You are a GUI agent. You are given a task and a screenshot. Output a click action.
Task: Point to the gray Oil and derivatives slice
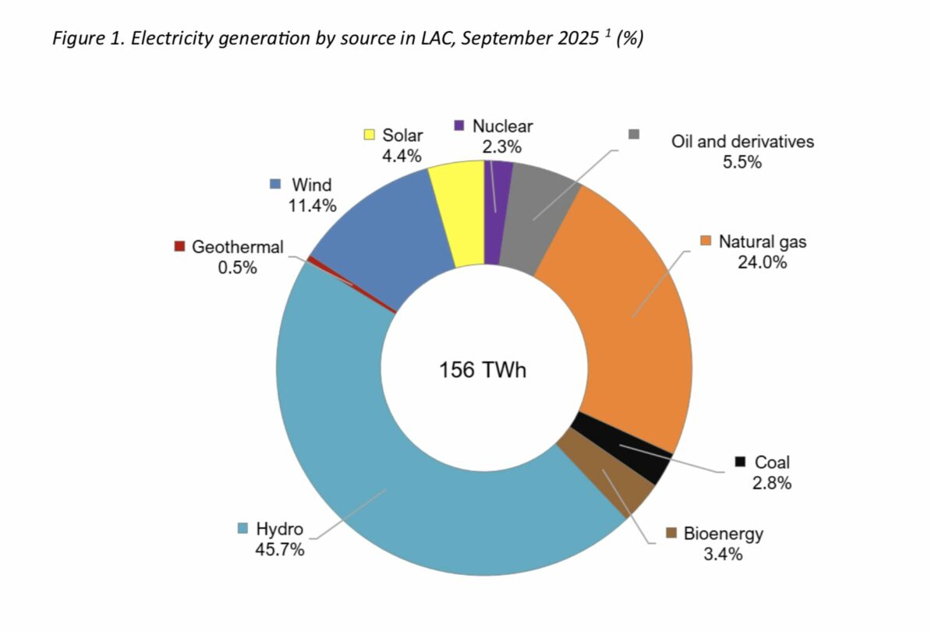click(x=538, y=218)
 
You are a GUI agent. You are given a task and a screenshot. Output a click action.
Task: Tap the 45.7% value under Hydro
click(x=279, y=549)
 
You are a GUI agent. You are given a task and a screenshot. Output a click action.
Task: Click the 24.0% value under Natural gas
click(x=762, y=262)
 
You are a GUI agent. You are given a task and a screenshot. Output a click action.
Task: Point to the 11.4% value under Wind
click(x=311, y=206)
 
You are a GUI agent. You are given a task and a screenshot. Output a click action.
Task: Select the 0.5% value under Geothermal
click(x=238, y=267)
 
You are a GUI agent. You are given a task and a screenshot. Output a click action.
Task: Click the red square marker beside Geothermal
click(x=179, y=247)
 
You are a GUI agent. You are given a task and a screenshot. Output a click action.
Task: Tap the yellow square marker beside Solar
click(x=369, y=135)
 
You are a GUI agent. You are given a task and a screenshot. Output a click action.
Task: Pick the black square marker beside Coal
click(x=740, y=462)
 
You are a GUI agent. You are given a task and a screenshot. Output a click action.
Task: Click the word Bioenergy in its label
click(x=723, y=534)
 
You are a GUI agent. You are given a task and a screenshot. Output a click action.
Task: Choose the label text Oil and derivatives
click(x=742, y=142)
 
